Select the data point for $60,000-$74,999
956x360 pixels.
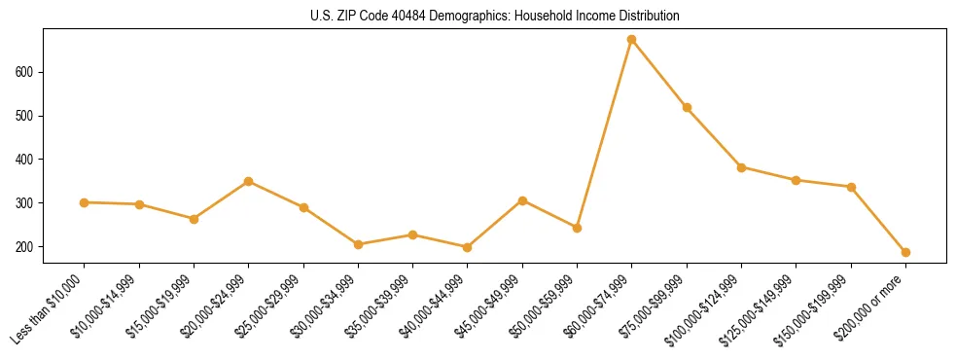click(x=632, y=40)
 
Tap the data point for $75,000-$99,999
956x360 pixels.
click(x=687, y=108)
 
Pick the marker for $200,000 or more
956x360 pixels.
click(x=905, y=253)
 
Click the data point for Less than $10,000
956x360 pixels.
click(x=85, y=202)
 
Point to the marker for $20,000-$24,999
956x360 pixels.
click(x=249, y=181)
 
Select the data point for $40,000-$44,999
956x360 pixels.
click(x=468, y=247)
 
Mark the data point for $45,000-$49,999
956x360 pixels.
click(x=522, y=200)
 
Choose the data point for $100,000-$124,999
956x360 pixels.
click(x=741, y=167)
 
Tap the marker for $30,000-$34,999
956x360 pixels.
click(x=358, y=244)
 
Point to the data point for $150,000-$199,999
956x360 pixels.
click(x=851, y=187)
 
